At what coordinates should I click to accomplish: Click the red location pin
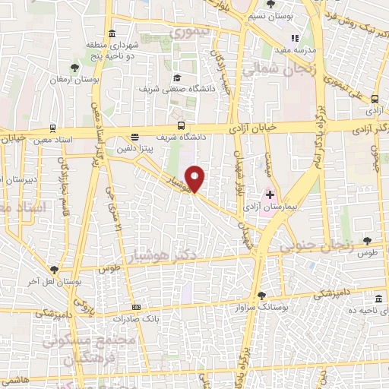(x=195, y=179)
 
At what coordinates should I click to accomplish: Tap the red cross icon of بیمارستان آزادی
(x=270, y=195)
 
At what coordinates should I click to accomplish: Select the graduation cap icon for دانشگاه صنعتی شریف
(x=177, y=77)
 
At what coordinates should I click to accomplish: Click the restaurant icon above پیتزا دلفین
(x=134, y=138)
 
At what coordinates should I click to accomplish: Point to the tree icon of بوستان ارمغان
(x=74, y=68)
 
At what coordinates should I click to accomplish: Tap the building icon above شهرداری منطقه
(x=112, y=33)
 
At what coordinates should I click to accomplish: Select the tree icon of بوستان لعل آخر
(x=54, y=269)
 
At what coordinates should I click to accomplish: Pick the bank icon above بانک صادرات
(x=136, y=306)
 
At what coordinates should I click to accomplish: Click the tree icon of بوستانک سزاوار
(x=261, y=296)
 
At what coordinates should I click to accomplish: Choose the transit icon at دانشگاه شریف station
(x=180, y=125)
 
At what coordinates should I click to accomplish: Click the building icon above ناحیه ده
(x=379, y=299)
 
